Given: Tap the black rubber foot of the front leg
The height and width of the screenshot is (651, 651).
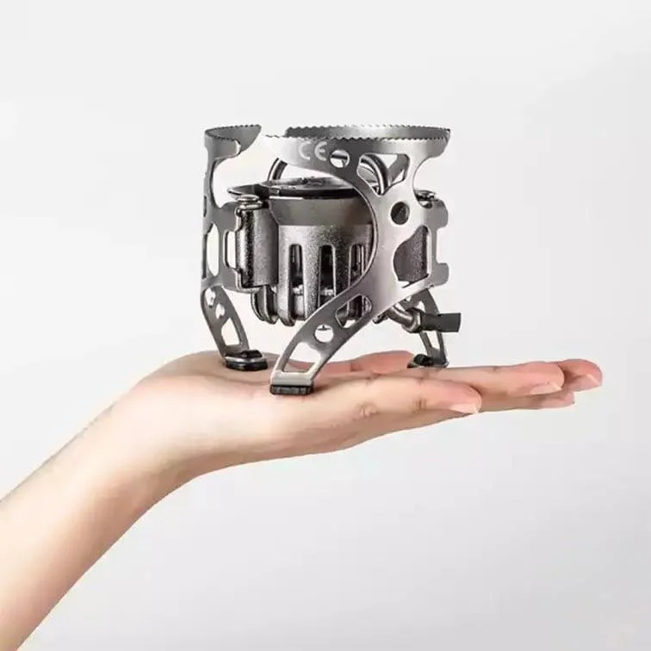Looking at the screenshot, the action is [x=291, y=388].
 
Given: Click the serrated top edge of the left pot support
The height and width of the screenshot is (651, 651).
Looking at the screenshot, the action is [x=232, y=133].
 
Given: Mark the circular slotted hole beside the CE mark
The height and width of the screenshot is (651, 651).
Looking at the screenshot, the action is [x=338, y=158].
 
